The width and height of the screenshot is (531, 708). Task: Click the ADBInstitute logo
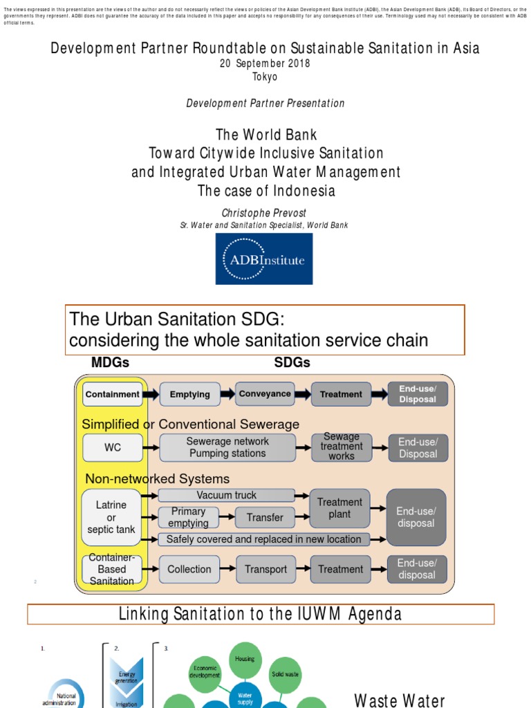pos(264,259)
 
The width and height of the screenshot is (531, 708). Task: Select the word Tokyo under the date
pos(265,77)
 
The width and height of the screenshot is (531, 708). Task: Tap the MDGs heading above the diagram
pos(110,362)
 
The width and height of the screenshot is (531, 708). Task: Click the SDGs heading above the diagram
pos(292,362)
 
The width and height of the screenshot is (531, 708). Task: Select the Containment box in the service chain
pos(112,394)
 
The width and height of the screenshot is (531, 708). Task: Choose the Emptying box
pos(190,394)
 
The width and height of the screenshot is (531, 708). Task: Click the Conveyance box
pos(265,394)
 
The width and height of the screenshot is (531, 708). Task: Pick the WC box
pos(112,447)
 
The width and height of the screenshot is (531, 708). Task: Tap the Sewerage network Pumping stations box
pos(227,447)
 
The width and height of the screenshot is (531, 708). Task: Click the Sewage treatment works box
pos(342,447)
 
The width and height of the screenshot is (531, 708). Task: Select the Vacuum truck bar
pos(227,495)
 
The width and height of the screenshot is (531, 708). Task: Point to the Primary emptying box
pos(188,517)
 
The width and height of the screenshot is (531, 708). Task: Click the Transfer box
pos(265,517)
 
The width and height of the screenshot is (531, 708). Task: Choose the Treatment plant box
pos(339,508)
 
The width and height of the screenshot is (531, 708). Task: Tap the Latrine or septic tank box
pos(111,517)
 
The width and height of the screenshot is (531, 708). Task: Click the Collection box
pos(189,569)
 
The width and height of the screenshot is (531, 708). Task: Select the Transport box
pos(265,569)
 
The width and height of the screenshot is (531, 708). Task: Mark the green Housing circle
pos(245,659)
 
